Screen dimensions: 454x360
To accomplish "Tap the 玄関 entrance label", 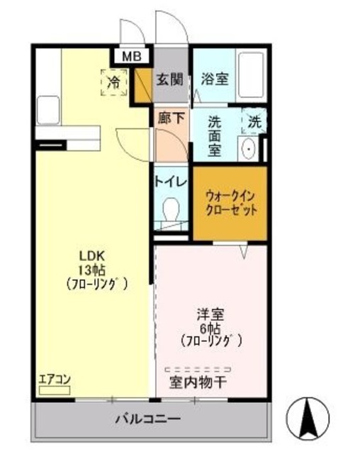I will coord(169,79).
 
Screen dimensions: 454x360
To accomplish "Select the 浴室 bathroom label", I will coord(214,79).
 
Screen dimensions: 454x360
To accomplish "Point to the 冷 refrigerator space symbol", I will coord(113,82).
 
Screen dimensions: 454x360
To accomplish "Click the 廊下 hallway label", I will coord(171,119).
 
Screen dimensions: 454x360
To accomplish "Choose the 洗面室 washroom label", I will coord(215,135).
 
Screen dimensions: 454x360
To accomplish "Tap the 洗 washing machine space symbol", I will coord(254,121).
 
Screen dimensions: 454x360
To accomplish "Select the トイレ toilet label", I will coord(170,182).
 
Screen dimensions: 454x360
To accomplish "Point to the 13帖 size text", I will coord(92,270).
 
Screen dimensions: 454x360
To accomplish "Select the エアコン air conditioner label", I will coord(54,379).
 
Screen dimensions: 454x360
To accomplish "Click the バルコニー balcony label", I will coord(148,419).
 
